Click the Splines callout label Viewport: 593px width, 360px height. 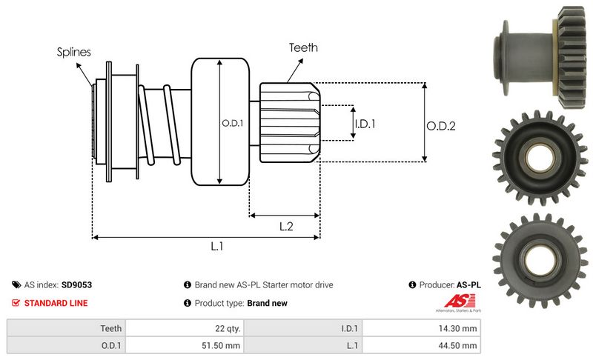(x=73, y=53)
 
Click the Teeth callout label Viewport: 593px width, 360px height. (x=303, y=47)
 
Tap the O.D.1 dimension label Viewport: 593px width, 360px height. (x=232, y=123)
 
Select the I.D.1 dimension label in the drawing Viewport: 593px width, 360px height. (x=365, y=124)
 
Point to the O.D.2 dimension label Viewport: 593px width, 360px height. (x=440, y=126)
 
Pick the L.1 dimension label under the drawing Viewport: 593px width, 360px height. (x=217, y=247)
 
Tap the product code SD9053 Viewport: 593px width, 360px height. (x=77, y=284)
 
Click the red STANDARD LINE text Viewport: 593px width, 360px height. (x=56, y=303)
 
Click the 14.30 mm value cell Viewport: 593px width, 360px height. (x=460, y=327)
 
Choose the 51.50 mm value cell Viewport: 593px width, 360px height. (x=222, y=345)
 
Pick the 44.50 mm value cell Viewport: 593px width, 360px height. (x=460, y=345)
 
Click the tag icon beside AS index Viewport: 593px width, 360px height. (x=16, y=284)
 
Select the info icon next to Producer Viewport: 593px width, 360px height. (x=412, y=284)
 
